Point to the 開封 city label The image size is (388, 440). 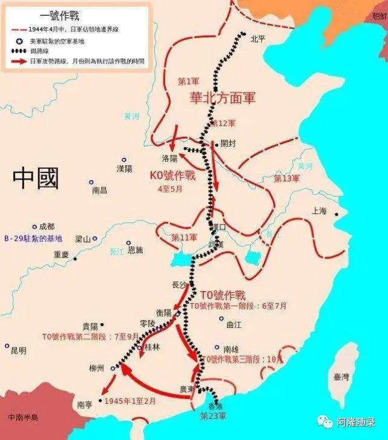click(x=228, y=143)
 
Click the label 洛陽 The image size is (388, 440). click(x=170, y=159)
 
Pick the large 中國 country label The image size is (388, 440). click(x=36, y=179)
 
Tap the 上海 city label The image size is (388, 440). click(x=318, y=211)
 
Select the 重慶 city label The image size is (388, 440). click(x=61, y=255)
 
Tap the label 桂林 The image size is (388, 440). click(x=152, y=347)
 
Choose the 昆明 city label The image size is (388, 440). click(x=19, y=350)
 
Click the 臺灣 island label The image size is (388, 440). click(x=341, y=376)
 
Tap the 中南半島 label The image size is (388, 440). click(x=23, y=417)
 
